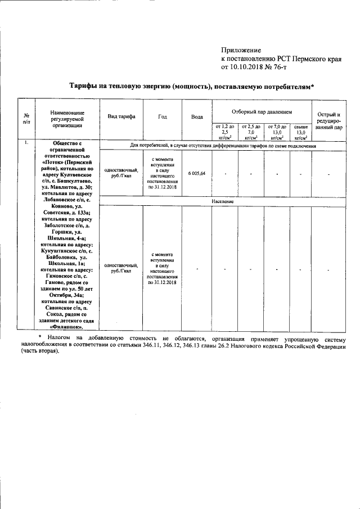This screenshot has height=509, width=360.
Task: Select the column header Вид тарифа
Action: [x=121, y=116]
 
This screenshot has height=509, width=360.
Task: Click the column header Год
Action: [x=163, y=116]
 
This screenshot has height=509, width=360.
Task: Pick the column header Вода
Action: [x=197, y=116]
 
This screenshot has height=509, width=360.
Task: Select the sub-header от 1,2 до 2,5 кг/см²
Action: [x=224, y=132]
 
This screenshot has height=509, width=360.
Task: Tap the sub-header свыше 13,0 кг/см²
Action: [x=301, y=132]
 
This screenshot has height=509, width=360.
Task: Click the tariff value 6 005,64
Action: [x=197, y=174]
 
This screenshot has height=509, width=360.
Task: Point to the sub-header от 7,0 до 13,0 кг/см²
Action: [x=277, y=132]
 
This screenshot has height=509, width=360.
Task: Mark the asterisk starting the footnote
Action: [x=39, y=336]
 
